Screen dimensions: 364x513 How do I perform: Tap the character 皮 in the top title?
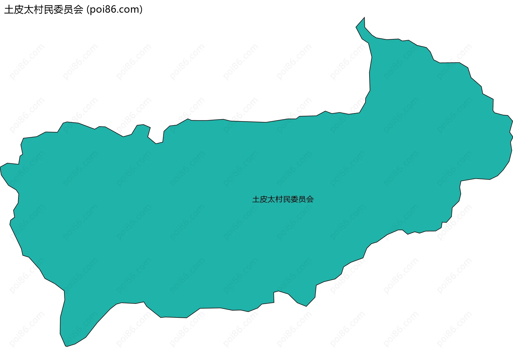click(x=19, y=10)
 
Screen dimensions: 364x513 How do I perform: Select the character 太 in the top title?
click(x=29, y=10)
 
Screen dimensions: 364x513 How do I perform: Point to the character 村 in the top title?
click(x=39, y=10)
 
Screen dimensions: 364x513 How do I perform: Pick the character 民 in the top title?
click(x=49, y=10)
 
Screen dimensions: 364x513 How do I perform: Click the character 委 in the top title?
click(x=59, y=10)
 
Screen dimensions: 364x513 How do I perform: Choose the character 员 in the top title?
click(x=69, y=10)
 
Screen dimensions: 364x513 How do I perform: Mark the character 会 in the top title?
click(x=79, y=10)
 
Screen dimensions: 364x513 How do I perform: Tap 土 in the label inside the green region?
click(x=256, y=199)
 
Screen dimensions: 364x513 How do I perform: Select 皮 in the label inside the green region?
click(x=264, y=199)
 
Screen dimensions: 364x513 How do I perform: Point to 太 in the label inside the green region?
click(x=271, y=199)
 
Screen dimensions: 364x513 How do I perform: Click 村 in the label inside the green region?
click(x=279, y=199)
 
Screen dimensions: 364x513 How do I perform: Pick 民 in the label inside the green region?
click(x=287, y=199)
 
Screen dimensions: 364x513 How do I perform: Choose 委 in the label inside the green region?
click(x=294, y=199)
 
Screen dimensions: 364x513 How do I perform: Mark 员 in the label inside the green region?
click(x=302, y=199)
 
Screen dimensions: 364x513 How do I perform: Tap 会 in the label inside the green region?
click(x=310, y=199)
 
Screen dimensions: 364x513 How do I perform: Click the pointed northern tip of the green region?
click(x=364, y=18)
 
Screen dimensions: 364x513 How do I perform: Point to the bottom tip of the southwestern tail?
click(x=66, y=346)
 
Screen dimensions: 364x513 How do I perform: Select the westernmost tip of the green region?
click(x=1, y=167)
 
